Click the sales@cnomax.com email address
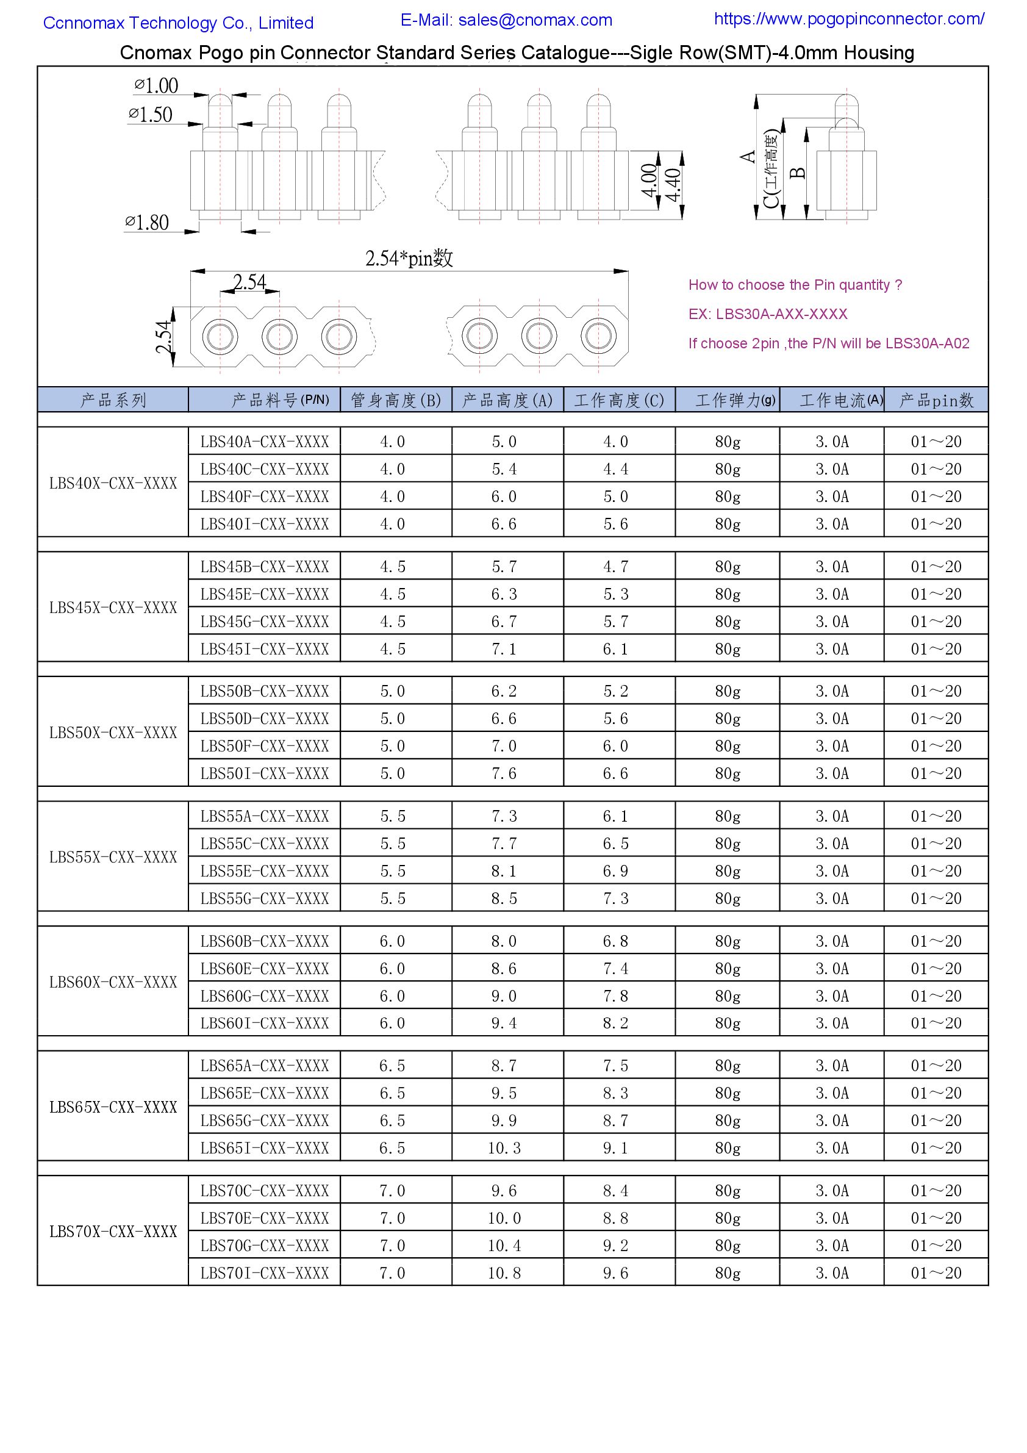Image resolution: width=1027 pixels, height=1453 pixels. tap(535, 20)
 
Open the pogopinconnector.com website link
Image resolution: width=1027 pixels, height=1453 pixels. tap(848, 19)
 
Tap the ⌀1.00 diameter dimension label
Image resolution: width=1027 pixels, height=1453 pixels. tap(156, 85)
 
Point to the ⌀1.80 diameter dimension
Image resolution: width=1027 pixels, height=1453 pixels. tap(147, 223)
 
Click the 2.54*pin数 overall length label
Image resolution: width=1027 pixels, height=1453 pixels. tap(409, 258)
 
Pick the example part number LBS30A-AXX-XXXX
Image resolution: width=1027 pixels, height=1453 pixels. tap(781, 314)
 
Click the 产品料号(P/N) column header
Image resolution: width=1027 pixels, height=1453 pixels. tap(280, 400)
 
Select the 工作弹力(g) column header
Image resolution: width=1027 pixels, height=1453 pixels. tap(735, 400)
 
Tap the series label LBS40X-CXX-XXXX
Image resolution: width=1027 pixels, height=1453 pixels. tap(113, 483)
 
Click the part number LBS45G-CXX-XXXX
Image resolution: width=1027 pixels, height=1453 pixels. tap(265, 622)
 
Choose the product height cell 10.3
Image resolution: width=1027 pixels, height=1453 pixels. tap(504, 1147)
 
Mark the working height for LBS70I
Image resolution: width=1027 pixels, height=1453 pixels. tap(615, 1272)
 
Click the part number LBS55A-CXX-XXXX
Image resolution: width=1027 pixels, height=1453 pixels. tap(265, 816)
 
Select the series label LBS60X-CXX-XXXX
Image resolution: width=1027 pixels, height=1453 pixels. tap(113, 981)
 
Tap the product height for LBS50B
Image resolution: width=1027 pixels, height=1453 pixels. tap(504, 691)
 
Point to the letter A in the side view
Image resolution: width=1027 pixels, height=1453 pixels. tap(748, 156)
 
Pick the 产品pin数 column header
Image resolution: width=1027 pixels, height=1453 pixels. tap(936, 400)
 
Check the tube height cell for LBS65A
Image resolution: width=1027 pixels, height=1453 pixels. tap(392, 1066)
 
